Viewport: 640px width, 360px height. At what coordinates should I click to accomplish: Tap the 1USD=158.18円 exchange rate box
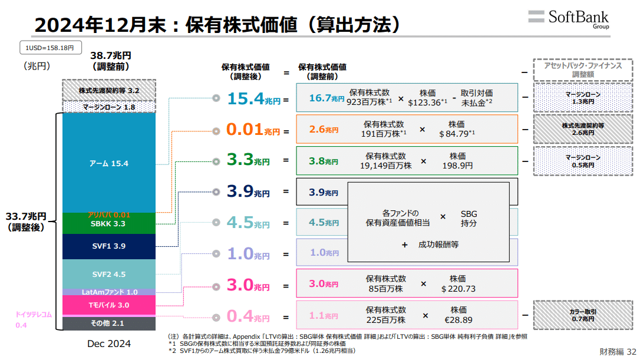pos(50,48)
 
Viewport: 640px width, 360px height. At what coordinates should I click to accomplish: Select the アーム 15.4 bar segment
pos(108,163)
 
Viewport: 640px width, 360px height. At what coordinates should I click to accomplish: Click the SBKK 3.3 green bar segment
pos(108,224)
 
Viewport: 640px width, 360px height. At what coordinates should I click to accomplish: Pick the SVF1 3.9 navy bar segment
pos(108,246)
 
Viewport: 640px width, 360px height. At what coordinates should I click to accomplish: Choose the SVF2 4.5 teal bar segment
pos(108,274)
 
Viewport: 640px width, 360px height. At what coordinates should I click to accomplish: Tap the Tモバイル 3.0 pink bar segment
pos(108,305)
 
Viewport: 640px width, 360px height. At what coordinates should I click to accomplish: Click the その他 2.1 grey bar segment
pos(108,323)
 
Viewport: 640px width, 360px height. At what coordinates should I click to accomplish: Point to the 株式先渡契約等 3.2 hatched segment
pos(108,91)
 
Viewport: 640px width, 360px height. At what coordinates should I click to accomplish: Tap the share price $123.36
pos(427,103)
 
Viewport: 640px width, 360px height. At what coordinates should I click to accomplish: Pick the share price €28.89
pos(458,320)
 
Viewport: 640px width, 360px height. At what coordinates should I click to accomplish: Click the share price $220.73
pos(458,289)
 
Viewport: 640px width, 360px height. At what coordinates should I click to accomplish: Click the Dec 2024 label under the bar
pos(109,344)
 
